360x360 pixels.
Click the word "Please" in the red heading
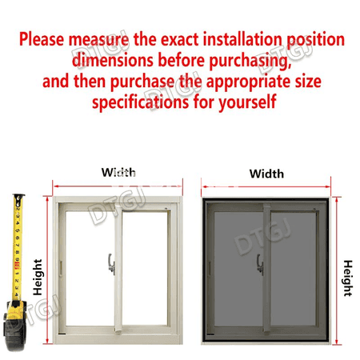point(42,39)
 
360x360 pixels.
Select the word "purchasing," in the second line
point(250,61)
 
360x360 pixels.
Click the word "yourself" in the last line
point(247,102)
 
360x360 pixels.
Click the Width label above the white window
point(118,172)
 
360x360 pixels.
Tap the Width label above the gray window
point(266,174)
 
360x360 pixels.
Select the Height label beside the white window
point(38,277)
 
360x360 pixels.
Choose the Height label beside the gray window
point(348,278)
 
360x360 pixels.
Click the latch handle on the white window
point(111,264)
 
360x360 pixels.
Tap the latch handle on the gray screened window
point(260,265)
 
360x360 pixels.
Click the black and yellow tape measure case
point(15,326)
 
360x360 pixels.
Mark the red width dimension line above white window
point(118,186)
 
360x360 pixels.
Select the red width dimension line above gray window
point(266,187)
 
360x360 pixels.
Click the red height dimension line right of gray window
point(337,270)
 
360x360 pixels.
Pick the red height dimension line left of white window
point(47,270)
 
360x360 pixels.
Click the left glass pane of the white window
point(90,268)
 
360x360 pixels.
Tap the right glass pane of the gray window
point(293,269)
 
